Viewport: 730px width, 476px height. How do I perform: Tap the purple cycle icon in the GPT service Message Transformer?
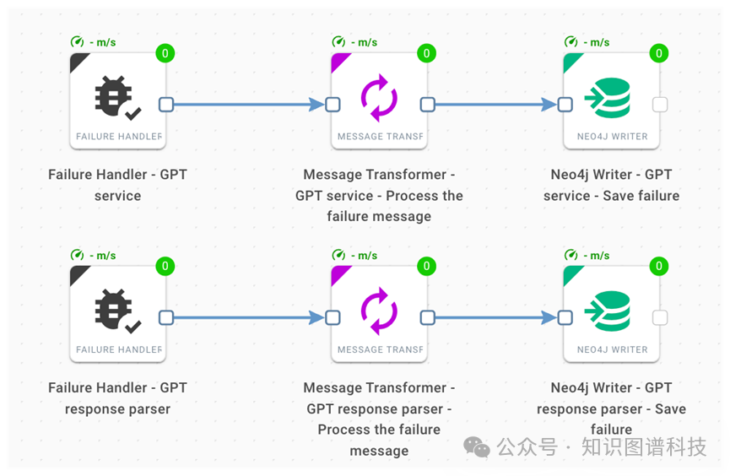pos(379,98)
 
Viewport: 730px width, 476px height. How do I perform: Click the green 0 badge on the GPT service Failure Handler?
pos(165,53)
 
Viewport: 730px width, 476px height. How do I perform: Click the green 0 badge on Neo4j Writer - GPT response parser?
pos(658,267)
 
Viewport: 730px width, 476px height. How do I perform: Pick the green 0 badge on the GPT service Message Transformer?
pos(426,53)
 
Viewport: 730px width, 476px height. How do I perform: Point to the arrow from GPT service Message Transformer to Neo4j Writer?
pos(494,105)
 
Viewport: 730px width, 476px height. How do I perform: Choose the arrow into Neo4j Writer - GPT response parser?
pos(494,318)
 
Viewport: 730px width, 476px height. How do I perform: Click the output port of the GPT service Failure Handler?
pos(166,105)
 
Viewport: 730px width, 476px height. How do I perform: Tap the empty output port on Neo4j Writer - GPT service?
pos(660,105)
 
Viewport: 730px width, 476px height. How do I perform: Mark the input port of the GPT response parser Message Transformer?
pos(333,318)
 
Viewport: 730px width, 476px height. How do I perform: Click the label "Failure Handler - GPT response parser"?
pos(117,398)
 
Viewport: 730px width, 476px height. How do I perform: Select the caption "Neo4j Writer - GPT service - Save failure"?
pos(611,185)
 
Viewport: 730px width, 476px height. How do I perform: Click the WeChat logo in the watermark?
pos(477,447)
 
